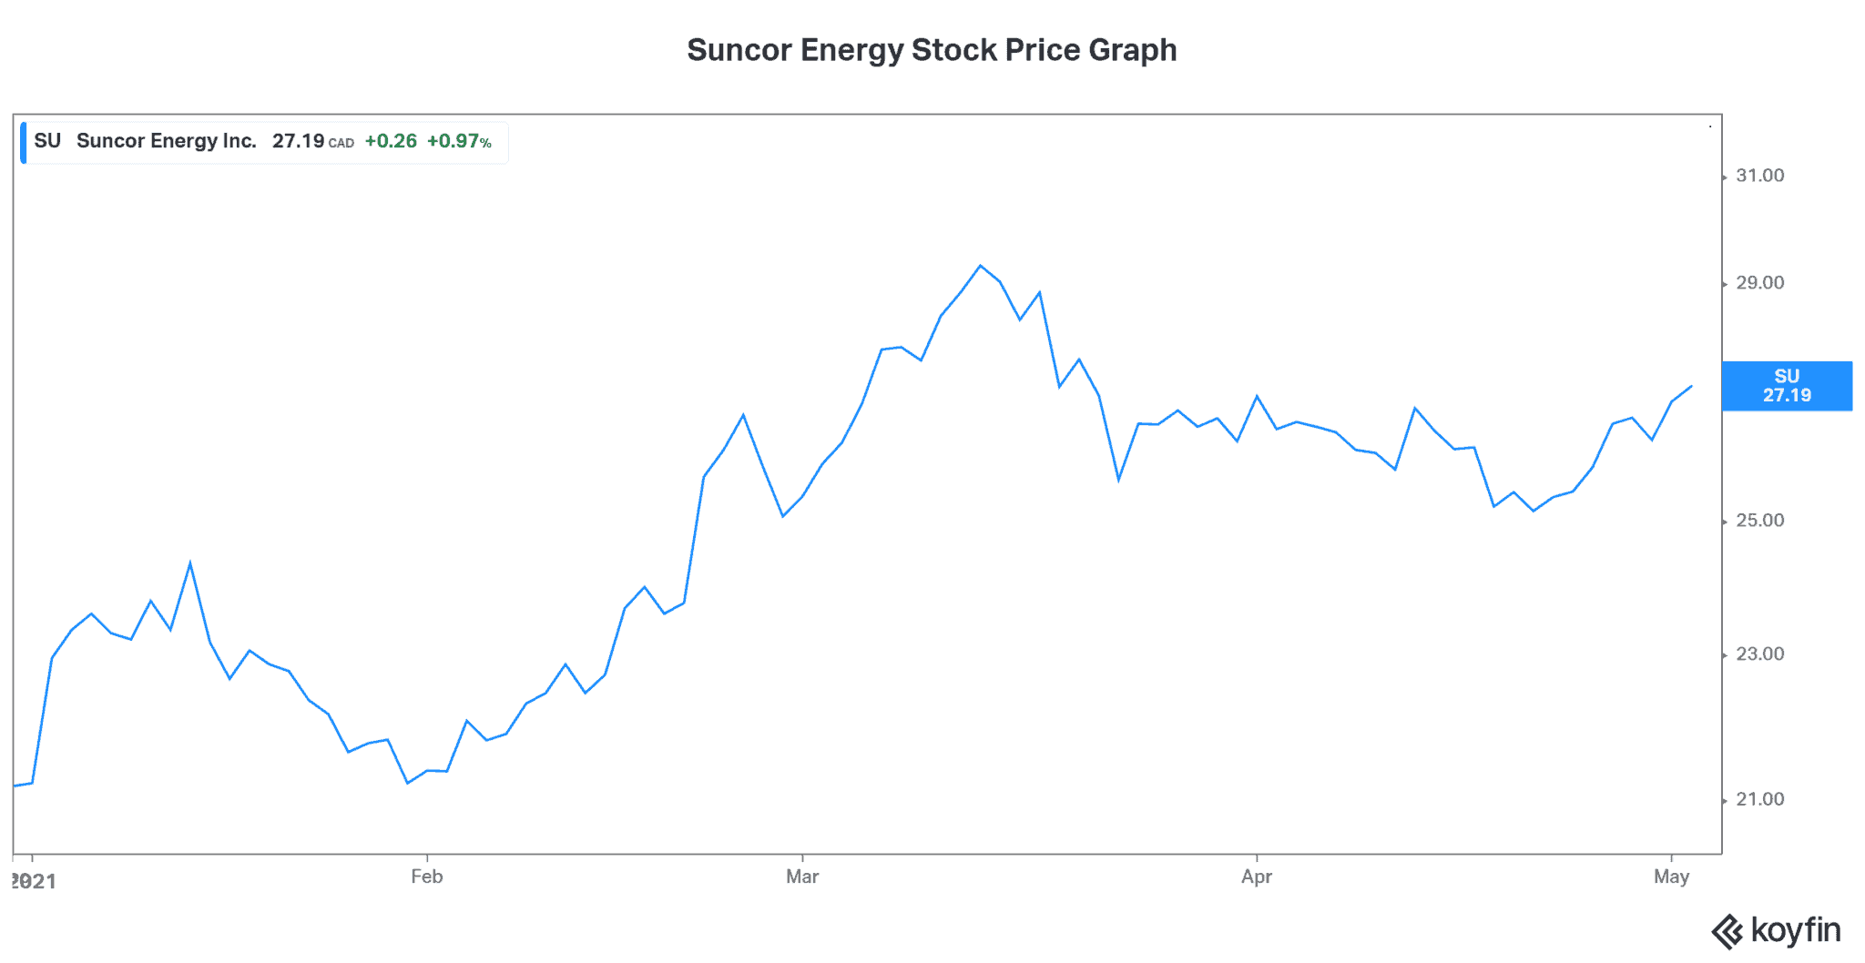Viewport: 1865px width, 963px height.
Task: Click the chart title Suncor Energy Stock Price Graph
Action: click(x=932, y=50)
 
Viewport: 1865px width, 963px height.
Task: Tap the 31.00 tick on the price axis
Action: click(x=1759, y=176)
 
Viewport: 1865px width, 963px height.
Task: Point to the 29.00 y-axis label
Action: click(x=1759, y=283)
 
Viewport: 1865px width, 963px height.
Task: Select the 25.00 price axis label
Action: click(x=1759, y=521)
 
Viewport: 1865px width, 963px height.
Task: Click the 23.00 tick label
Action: click(x=1759, y=654)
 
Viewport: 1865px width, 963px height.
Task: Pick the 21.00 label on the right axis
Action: click(x=1759, y=799)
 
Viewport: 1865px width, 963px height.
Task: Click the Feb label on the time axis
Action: click(x=426, y=877)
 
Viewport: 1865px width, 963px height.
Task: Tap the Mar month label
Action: click(x=802, y=877)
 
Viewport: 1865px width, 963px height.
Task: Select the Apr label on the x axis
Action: click(x=1257, y=877)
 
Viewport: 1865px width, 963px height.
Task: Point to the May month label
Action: click(x=1671, y=877)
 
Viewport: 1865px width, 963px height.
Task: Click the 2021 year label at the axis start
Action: click(x=34, y=881)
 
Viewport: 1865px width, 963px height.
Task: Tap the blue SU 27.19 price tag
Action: click(x=1787, y=386)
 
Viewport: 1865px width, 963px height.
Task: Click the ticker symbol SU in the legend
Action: click(x=47, y=141)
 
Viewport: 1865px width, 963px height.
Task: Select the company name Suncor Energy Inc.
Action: click(x=167, y=141)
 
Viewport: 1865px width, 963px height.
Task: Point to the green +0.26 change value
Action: click(x=391, y=141)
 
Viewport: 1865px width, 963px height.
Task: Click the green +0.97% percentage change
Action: click(x=459, y=141)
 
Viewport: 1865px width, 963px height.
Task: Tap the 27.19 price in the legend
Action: click(x=299, y=141)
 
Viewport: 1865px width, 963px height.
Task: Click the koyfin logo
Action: click(x=1776, y=931)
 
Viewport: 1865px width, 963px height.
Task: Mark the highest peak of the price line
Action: click(x=980, y=266)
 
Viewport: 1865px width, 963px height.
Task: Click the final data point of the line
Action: click(x=1691, y=386)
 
